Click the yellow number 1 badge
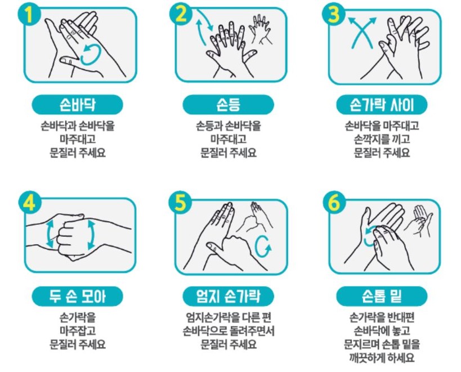pos(29,15)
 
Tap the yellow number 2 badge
pos(181,14)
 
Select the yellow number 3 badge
pos(334,15)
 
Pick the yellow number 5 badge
pos(181,202)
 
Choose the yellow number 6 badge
pos(334,202)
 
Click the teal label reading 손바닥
pos(77,105)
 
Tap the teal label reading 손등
pos(228,105)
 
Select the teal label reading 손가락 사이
pos(382,105)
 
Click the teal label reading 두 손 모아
pos(77,296)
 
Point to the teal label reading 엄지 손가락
pos(228,296)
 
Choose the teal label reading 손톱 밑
pos(382,296)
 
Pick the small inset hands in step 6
pos(419,221)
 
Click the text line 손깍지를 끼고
pos(382,139)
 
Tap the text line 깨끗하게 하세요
pos(382,357)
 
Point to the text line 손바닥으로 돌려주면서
pos(228,331)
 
